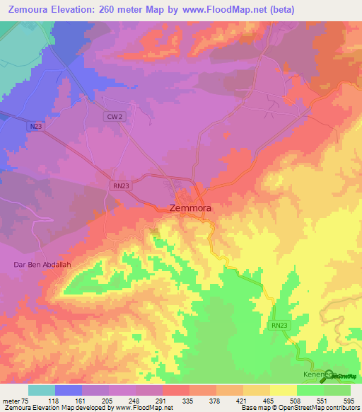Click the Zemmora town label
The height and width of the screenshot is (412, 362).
(191, 209)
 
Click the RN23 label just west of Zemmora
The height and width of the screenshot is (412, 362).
(120, 185)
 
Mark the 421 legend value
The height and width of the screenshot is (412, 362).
(243, 400)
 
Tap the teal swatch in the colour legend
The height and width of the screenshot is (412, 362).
(41, 390)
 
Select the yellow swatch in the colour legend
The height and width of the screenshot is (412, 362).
(284, 390)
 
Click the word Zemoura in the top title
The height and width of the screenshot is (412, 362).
(31, 10)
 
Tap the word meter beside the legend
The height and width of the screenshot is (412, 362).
(11, 400)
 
